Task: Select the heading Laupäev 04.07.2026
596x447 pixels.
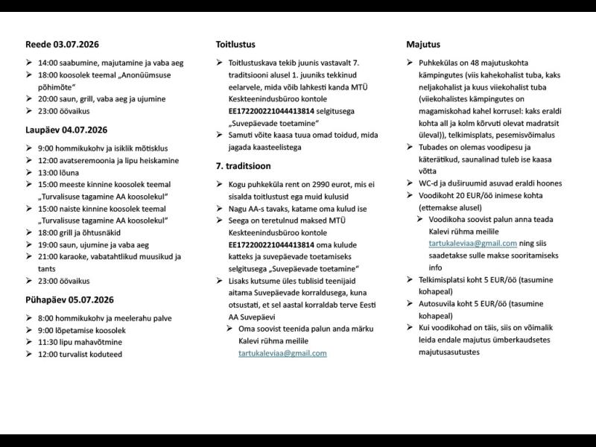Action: (x=66, y=129)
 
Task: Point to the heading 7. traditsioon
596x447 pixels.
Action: (x=244, y=165)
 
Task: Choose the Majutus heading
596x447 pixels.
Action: (x=423, y=45)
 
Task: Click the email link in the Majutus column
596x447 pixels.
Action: (x=462, y=243)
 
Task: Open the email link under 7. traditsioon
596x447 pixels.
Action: (x=277, y=353)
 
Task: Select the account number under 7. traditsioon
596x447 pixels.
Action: (x=270, y=244)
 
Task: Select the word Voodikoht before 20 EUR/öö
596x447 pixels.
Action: (x=439, y=195)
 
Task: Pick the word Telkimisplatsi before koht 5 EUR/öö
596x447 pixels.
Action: (x=446, y=279)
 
